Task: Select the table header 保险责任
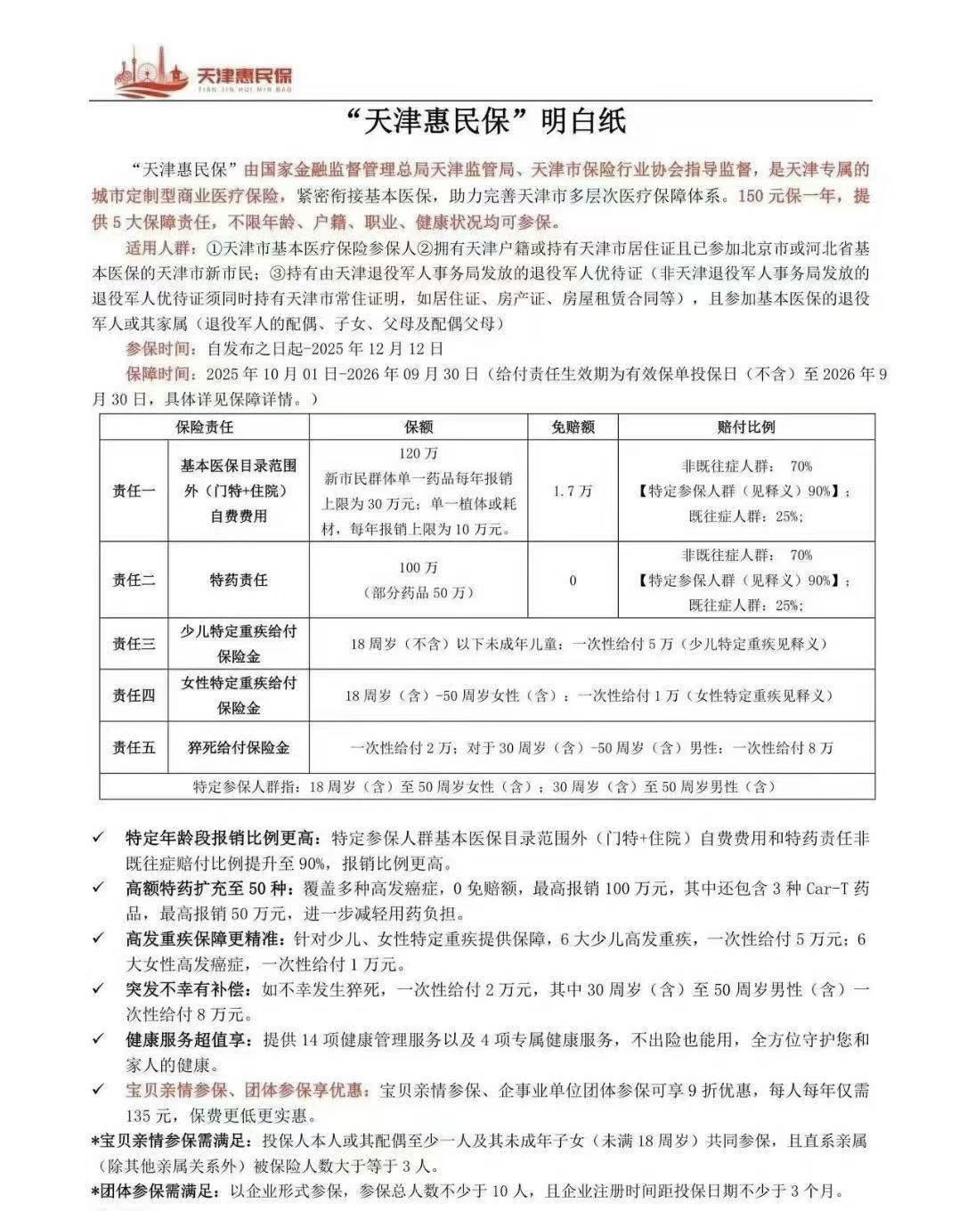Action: tap(204, 427)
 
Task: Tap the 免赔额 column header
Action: tap(573, 427)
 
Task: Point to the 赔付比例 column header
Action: tap(745, 427)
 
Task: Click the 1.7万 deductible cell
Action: tap(573, 491)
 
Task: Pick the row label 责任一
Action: tap(134, 491)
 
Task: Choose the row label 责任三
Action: tap(134, 644)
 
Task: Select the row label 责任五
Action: tap(134, 748)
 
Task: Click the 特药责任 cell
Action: tap(238, 580)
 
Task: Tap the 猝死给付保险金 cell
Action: tap(238, 748)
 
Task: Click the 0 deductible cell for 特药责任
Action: tap(573, 580)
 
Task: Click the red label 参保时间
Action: tap(160, 348)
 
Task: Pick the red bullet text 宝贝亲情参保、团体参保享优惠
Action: tap(247, 1090)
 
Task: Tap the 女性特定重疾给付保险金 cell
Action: tap(238, 695)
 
